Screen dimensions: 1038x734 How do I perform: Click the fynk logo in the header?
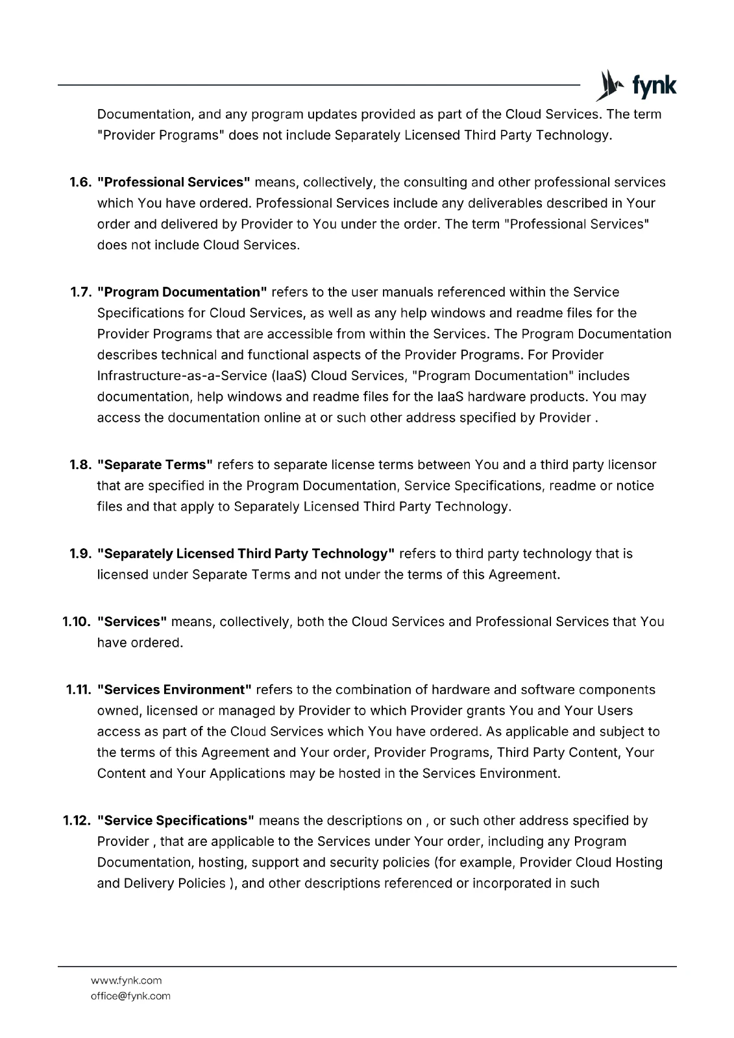[636, 86]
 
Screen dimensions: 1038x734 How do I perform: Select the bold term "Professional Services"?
[174, 182]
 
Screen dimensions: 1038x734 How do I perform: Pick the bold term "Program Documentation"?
[182, 292]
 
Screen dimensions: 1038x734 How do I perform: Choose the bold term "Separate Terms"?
[155, 465]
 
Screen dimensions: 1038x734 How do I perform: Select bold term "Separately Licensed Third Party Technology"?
[246, 553]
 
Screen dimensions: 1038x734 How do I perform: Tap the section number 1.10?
[77, 622]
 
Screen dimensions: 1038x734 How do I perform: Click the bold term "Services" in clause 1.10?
[132, 622]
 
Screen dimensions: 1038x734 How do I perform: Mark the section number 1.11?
[79, 689]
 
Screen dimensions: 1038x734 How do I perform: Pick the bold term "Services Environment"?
[175, 689]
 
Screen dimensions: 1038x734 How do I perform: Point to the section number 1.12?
[77, 820]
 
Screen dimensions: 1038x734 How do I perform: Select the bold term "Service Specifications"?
[176, 820]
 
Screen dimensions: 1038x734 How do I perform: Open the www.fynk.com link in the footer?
[126, 980]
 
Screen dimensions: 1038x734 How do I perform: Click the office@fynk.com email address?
[130, 996]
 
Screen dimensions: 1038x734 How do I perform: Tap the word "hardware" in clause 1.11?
[459, 689]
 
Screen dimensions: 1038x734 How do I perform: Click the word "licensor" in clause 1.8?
[631, 465]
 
